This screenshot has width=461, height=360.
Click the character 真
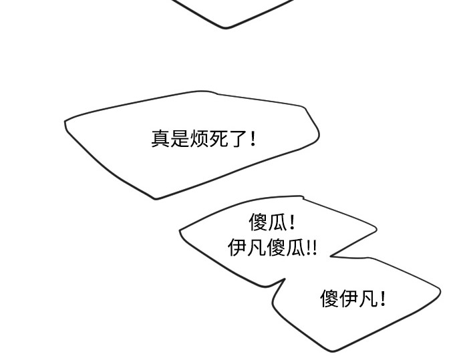160,138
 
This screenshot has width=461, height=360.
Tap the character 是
180,138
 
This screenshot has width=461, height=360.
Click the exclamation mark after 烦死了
253,139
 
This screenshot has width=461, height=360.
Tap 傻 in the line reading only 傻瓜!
258,222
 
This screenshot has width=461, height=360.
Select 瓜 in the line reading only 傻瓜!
277,222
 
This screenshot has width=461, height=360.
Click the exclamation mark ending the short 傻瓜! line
292,222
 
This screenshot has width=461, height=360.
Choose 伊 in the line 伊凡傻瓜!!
237,247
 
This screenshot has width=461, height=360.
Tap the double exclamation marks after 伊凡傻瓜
311,248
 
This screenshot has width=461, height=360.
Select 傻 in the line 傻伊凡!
329,299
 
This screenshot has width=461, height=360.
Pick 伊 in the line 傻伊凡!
349,299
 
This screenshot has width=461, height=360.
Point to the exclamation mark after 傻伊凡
382,299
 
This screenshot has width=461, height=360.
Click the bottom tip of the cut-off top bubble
226,28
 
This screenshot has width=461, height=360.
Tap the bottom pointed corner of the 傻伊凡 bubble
333,351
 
